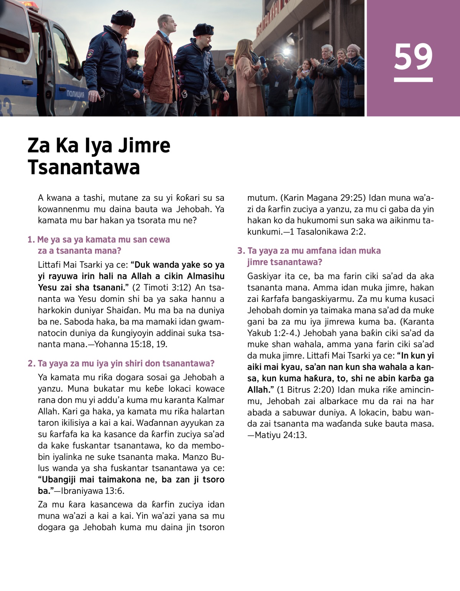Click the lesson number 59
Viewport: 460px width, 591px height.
click(x=413, y=57)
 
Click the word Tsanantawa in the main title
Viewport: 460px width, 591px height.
click(x=84, y=168)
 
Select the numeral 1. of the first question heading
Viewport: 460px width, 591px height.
click(x=31, y=240)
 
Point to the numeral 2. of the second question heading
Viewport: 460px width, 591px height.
click(x=31, y=363)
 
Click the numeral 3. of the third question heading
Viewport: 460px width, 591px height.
click(x=241, y=251)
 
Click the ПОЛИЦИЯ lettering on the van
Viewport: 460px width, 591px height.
click(x=76, y=94)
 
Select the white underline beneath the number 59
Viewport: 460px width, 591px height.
click(x=413, y=80)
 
